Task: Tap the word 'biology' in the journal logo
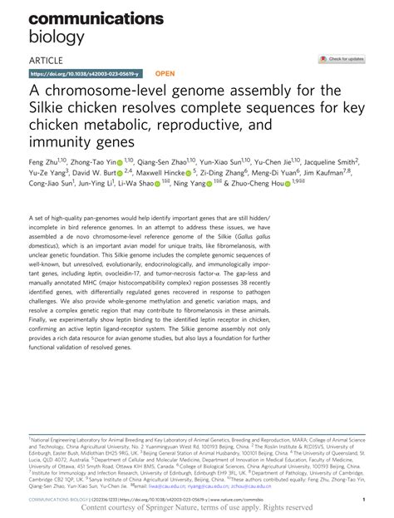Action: pyautogui.click(x=57, y=36)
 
